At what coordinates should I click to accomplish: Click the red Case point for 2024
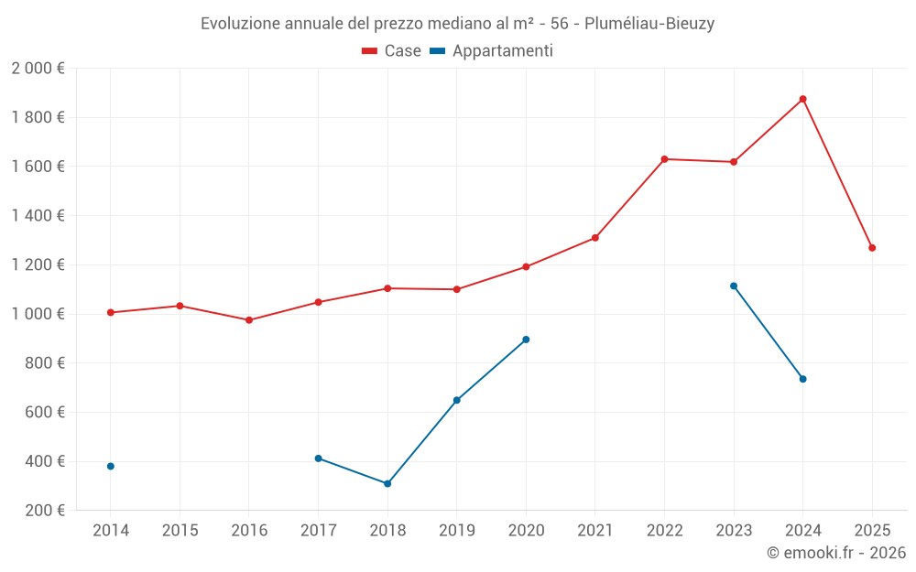[x=802, y=99]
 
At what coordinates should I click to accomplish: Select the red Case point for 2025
[x=872, y=248]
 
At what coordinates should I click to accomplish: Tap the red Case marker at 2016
[x=249, y=320]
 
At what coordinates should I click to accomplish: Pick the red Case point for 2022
[x=664, y=159]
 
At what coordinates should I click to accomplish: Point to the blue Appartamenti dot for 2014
[x=111, y=466]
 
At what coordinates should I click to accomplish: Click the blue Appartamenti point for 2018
[x=387, y=483]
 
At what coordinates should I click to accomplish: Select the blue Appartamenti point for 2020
[x=526, y=340]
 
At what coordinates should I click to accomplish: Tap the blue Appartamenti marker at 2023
[x=734, y=286]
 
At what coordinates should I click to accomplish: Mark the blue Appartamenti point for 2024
[x=802, y=379]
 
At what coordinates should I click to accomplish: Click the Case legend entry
[x=392, y=51]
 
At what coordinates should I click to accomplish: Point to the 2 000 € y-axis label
[x=38, y=69]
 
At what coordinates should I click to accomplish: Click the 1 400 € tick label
[x=38, y=216]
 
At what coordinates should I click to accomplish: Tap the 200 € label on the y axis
[x=45, y=511]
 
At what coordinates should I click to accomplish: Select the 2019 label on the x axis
[x=456, y=530]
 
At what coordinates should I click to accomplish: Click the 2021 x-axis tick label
[x=594, y=530]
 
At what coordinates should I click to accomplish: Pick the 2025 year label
[x=872, y=530]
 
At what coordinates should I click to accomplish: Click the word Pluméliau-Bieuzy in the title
[x=655, y=24]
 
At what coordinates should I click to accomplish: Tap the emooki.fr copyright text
[x=836, y=553]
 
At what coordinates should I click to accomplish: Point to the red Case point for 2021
[x=595, y=238]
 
